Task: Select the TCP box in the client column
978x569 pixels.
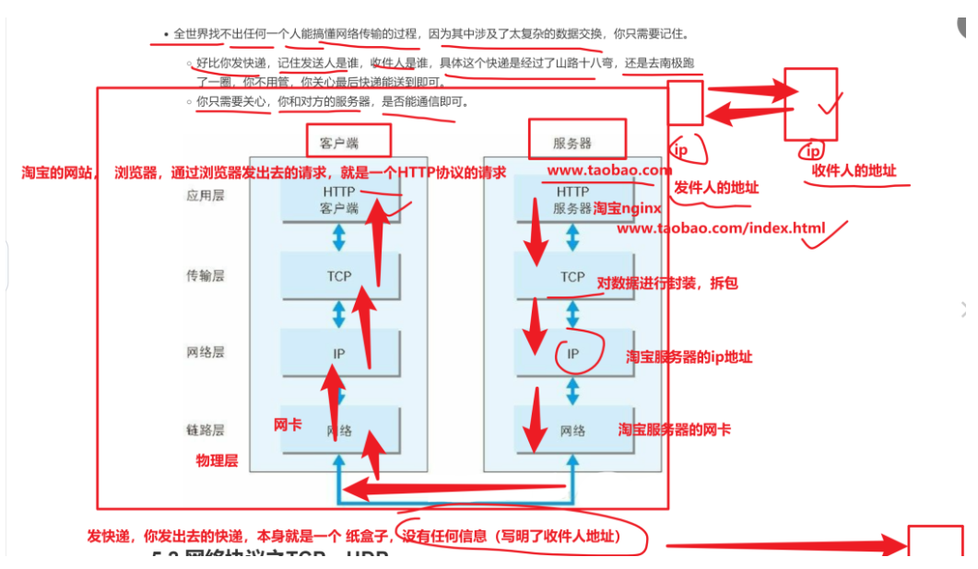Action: tap(340, 275)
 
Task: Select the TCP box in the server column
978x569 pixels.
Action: tap(572, 276)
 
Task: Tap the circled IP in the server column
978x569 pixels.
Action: tap(573, 354)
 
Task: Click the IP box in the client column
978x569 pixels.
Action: tap(340, 353)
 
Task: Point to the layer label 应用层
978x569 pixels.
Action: tap(205, 197)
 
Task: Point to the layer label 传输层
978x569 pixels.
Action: tap(205, 275)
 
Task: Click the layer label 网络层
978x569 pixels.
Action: tap(205, 353)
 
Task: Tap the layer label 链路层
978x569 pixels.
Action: tap(205, 430)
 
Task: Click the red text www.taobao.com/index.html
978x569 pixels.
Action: tap(721, 227)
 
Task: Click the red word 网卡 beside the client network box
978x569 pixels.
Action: tap(288, 424)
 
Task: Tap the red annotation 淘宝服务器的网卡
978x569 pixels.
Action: tap(674, 429)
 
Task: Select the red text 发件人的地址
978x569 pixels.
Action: tap(716, 187)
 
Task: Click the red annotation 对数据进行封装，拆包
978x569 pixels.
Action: tap(667, 284)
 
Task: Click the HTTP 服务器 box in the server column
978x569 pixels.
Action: tap(572, 199)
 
